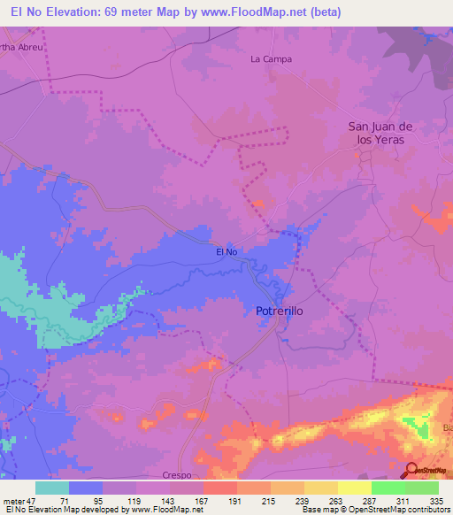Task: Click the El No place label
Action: click(x=227, y=252)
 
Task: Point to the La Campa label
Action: click(x=271, y=59)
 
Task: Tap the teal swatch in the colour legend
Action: click(x=51, y=488)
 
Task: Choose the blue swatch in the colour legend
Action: click(x=86, y=488)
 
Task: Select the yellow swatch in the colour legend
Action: click(x=321, y=488)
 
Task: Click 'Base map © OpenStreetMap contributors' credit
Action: click(x=374, y=510)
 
